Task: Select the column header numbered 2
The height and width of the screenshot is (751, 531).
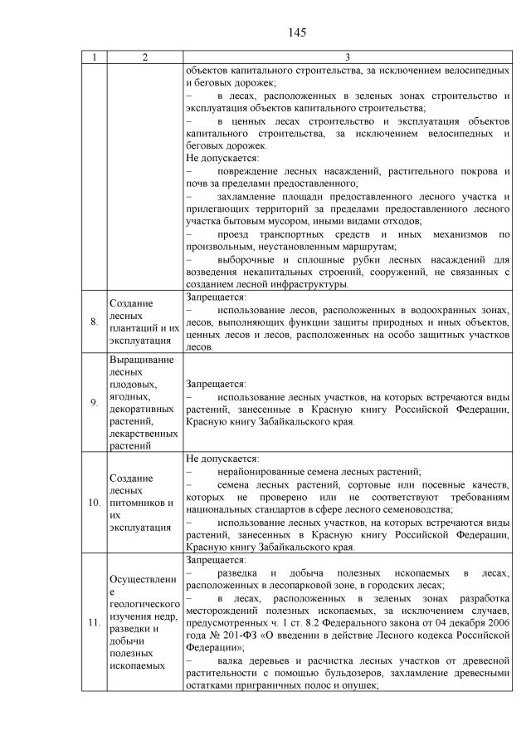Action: point(144,57)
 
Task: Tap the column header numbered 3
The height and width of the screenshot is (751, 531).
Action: point(347,57)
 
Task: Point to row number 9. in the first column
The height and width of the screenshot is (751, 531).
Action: point(95,402)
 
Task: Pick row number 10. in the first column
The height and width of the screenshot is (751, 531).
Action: point(95,503)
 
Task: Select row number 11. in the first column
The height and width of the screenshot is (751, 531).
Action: point(95,622)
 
